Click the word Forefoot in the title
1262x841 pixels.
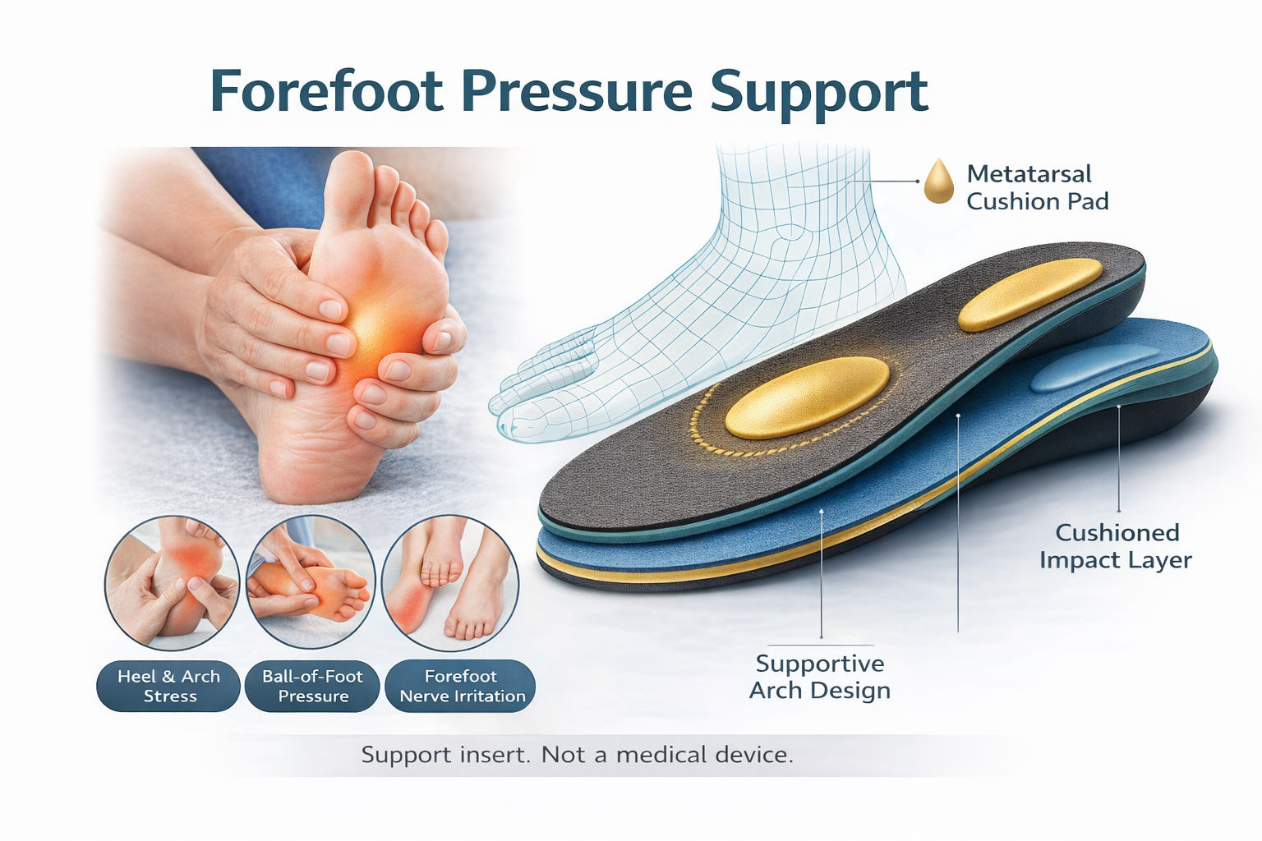[x=327, y=91]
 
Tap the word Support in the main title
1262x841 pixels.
[x=818, y=93]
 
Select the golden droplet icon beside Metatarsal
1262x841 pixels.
[x=938, y=182]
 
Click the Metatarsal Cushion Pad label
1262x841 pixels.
[x=1037, y=187]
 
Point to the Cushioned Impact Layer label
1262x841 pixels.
[x=1116, y=546]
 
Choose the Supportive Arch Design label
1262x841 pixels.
[x=820, y=677]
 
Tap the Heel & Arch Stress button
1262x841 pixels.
[x=168, y=686]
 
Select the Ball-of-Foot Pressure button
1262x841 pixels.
[x=312, y=686]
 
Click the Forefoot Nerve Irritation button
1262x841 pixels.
[x=461, y=686]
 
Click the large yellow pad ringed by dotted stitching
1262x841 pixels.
[x=807, y=398]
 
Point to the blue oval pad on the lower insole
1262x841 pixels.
[x=1093, y=369]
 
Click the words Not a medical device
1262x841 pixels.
[x=667, y=755]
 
